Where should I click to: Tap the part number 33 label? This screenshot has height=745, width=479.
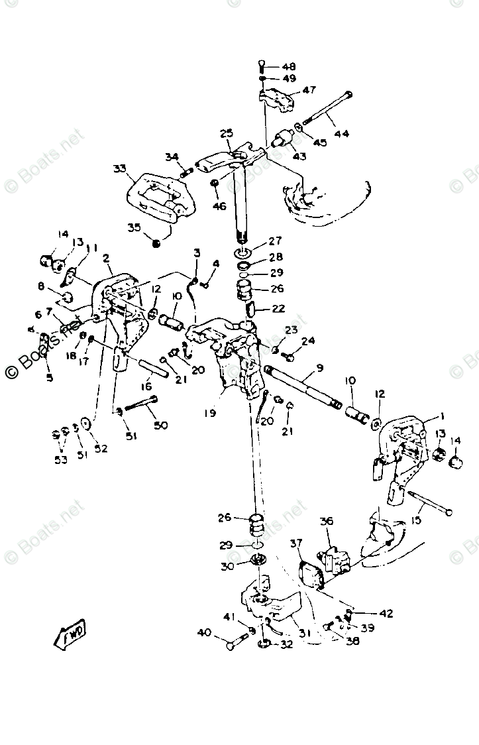(x=119, y=168)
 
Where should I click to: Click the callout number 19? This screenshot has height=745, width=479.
(x=209, y=413)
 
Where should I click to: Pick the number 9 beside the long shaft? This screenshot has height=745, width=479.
(x=319, y=368)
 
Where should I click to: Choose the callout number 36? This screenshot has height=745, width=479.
(x=327, y=522)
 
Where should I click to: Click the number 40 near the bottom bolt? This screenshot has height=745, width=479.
(x=204, y=633)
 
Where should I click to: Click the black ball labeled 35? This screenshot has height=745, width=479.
(x=156, y=244)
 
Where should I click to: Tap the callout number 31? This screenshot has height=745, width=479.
(x=304, y=633)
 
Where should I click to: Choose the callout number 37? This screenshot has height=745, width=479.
(x=296, y=544)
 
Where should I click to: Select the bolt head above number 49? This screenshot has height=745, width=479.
(x=262, y=65)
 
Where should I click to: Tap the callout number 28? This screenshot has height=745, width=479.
(x=275, y=257)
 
